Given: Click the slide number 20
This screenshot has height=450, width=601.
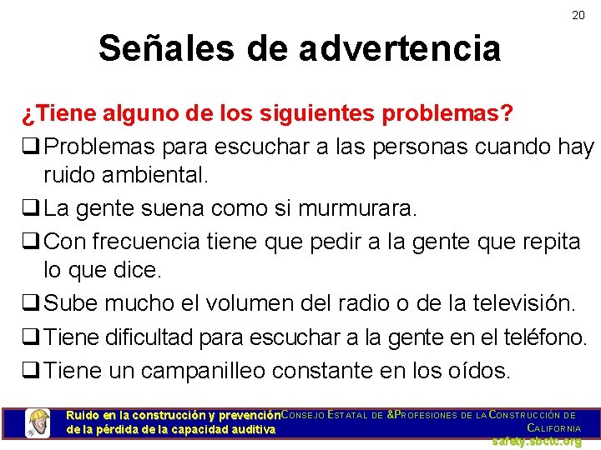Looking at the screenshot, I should [x=578, y=15].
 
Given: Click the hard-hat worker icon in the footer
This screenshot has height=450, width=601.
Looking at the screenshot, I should [x=38, y=422].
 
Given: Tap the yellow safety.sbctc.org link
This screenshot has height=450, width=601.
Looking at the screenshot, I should [x=536, y=442].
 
